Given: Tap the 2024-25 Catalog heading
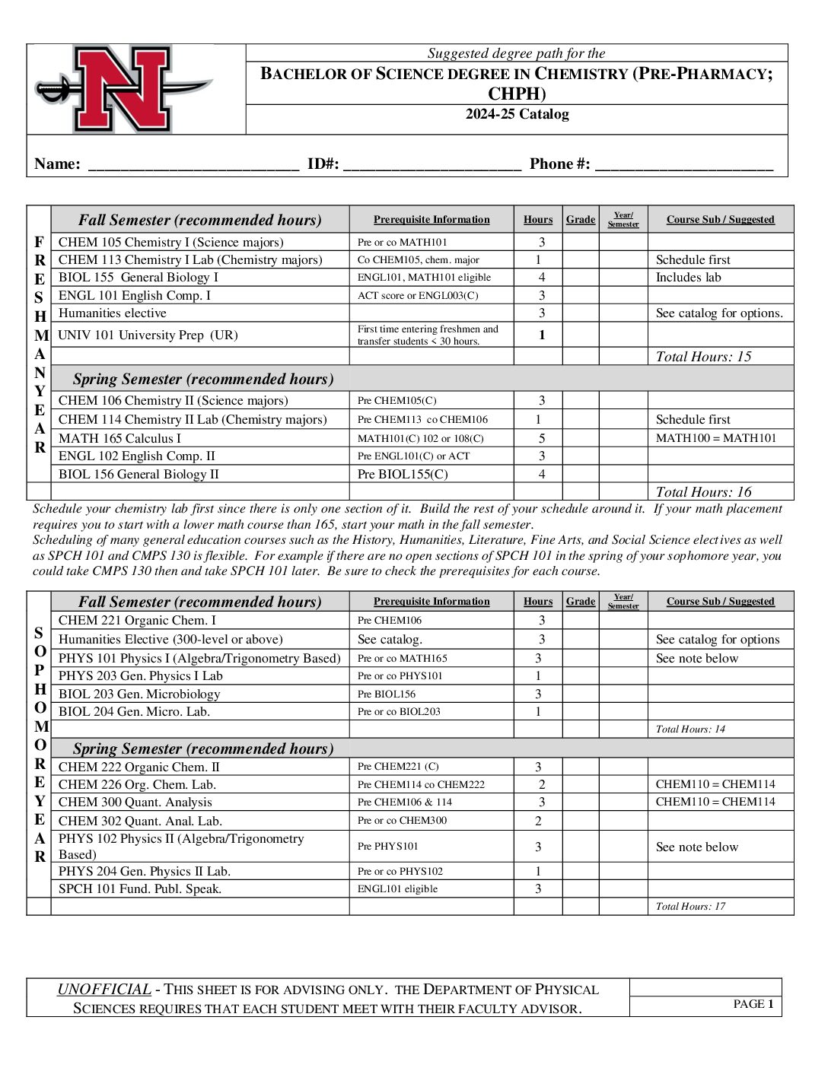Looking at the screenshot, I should coord(517,115).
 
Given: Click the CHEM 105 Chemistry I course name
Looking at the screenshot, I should coord(170,243).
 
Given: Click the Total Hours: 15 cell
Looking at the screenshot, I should coord(703,357).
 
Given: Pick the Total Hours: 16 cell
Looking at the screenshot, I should coord(703,492).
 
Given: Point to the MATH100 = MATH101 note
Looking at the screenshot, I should coord(715,438).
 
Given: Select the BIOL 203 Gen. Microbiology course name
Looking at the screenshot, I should coord(139,694).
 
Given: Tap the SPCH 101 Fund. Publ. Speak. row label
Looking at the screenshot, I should coord(140,889).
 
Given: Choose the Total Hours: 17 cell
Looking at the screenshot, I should coord(690,907).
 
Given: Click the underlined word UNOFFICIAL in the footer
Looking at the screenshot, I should coord(104,990).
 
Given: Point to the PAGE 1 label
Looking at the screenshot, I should coord(753,1004).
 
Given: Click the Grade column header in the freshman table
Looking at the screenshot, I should coord(581,220).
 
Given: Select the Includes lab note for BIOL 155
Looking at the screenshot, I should coord(688,278).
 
